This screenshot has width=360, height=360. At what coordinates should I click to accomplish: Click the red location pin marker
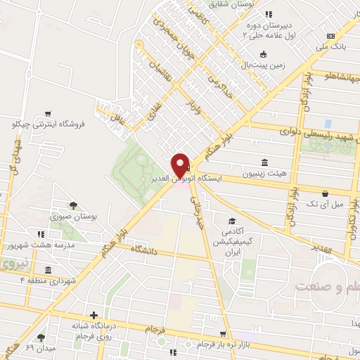point(180,167)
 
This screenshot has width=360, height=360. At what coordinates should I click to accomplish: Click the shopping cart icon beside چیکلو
point(48,112)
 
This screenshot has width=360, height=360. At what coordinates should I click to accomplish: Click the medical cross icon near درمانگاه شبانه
point(92,315)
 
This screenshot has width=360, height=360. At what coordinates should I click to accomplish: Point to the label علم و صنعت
point(328,287)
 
